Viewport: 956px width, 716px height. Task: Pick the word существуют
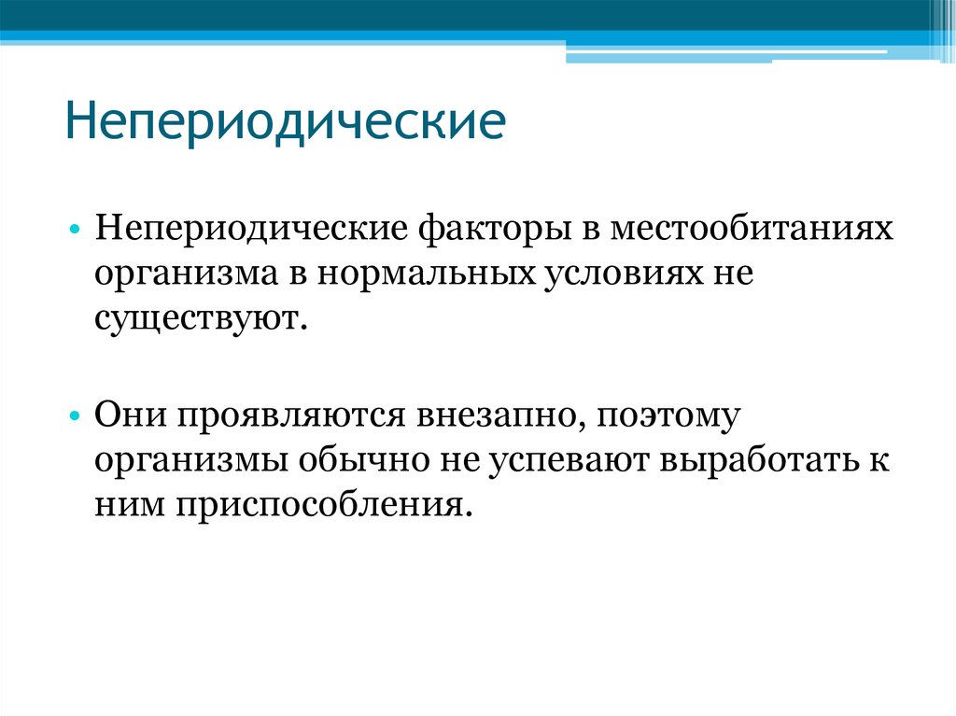pyautogui.click(x=199, y=319)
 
